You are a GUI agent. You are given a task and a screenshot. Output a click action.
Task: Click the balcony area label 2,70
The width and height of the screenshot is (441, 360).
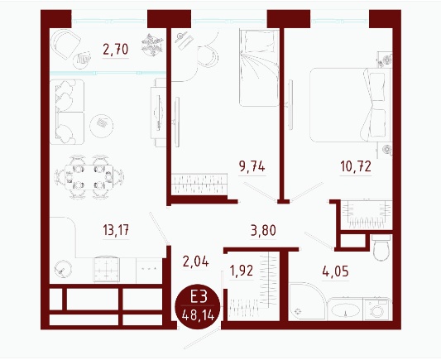(x=116, y=50)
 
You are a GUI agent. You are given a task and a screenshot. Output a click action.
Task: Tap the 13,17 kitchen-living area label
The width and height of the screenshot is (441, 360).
(x=116, y=230)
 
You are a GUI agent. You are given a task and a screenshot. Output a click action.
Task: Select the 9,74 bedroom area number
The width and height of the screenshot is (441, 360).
(x=252, y=166)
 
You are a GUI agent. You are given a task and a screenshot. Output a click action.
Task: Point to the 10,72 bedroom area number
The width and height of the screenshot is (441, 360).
(x=356, y=166)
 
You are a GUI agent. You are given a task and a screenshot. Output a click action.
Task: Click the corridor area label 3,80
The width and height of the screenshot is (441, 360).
(x=263, y=230)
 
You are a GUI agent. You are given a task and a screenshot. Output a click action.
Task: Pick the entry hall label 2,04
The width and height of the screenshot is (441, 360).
(x=195, y=262)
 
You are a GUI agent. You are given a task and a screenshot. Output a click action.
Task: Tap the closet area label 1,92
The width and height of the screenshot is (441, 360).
(x=242, y=271)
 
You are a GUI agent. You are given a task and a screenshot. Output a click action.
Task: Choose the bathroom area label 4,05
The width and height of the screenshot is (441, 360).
(x=336, y=271)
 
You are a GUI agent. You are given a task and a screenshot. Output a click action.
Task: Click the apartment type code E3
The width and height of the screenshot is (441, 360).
(x=199, y=296)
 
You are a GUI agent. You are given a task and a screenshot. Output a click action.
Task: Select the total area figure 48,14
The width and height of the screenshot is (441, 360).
(x=199, y=314)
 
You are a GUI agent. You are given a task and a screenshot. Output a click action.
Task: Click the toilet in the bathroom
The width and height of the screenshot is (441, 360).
(x=381, y=247)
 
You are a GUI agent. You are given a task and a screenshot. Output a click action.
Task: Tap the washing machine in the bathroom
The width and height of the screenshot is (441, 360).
(x=376, y=309)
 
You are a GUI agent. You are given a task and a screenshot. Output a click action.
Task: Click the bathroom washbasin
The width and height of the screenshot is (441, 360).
(x=345, y=310)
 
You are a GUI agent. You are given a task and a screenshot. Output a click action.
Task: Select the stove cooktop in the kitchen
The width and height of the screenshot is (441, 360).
(x=106, y=269)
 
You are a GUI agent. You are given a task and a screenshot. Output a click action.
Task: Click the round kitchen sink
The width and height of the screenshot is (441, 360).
(x=63, y=269)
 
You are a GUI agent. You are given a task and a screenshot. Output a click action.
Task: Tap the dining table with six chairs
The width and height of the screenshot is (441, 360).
(x=89, y=177)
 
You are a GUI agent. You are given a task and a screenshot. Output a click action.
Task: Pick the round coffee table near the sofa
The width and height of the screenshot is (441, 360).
(x=101, y=126)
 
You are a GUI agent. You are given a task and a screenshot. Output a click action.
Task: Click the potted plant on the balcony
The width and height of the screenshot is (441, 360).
(x=152, y=45)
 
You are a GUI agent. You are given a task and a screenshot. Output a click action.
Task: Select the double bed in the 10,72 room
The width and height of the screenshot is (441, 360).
(x=351, y=105)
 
